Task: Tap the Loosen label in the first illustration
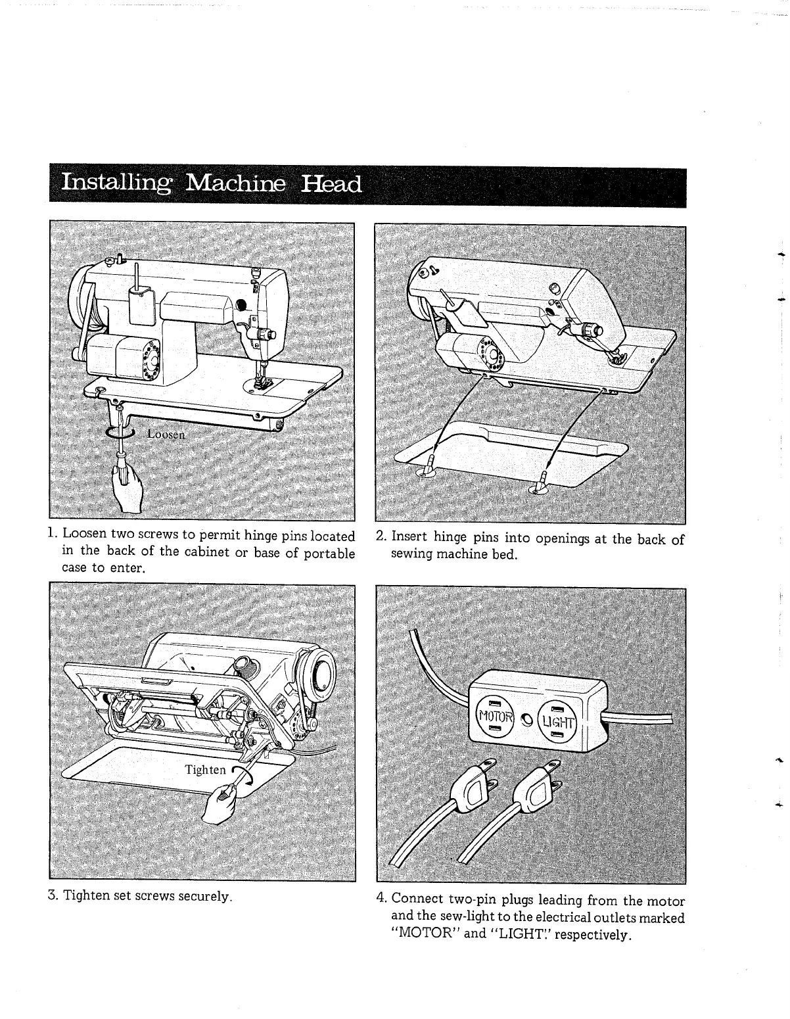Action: [x=166, y=434]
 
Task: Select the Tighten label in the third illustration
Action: [x=205, y=770]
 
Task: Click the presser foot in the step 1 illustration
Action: [x=263, y=382]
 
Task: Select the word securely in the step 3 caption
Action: [x=205, y=896]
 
